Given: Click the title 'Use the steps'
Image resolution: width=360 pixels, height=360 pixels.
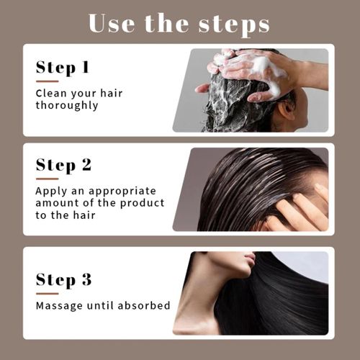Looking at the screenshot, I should coord(179,23).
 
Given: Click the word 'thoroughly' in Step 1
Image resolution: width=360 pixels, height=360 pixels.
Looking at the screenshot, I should coord(67,105).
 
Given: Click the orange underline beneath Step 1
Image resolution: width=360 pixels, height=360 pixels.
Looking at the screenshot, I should coord(47,81).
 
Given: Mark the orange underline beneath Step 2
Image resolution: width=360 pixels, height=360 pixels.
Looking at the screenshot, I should coord(47,179).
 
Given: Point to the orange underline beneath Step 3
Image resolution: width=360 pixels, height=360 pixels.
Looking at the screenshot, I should coord(47,293).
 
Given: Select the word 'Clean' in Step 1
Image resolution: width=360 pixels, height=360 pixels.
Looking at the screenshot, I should coord(49,93).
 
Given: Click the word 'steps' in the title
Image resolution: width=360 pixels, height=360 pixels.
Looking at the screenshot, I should coord(234,23).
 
